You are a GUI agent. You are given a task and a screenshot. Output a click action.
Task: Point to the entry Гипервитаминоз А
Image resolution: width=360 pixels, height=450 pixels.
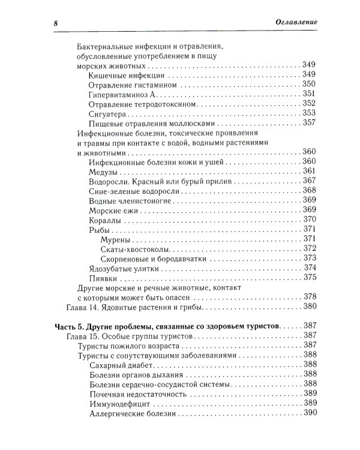click(x=122, y=94)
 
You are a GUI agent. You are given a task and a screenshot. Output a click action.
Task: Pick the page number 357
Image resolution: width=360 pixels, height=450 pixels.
click(x=309, y=123)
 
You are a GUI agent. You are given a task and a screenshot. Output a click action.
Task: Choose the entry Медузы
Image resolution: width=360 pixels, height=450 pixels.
click(x=103, y=172)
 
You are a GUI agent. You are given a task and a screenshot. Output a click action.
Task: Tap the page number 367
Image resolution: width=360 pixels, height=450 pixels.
click(x=309, y=181)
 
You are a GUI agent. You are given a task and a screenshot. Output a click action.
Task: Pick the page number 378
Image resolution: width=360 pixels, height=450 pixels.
click(x=309, y=296)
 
